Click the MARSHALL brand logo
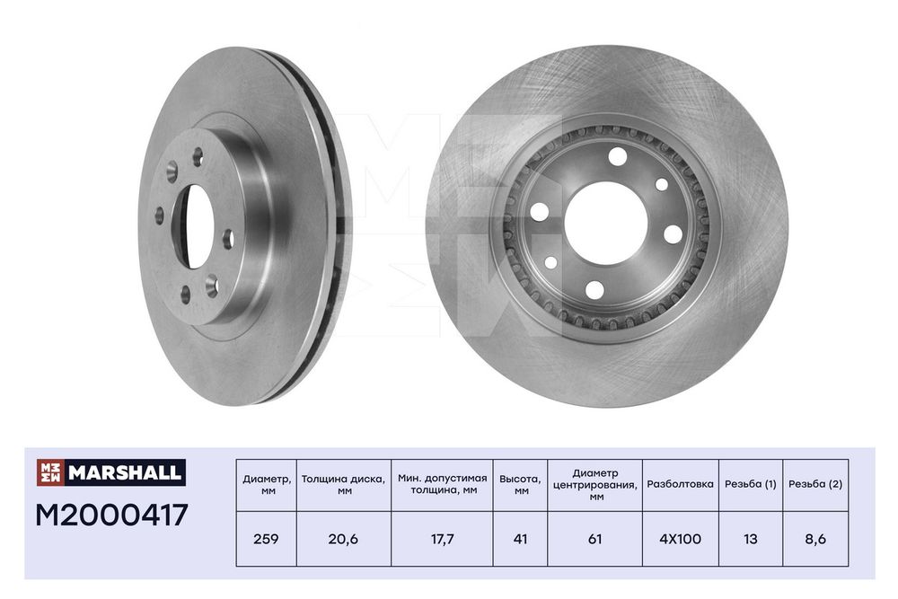(x=111, y=472)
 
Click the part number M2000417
(x=111, y=515)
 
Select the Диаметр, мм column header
(x=267, y=485)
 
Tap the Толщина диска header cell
(x=344, y=485)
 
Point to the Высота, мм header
(x=520, y=485)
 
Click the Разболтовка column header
(x=681, y=484)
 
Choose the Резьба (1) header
(x=750, y=484)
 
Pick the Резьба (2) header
(x=815, y=484)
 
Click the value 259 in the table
(x=267, y=539)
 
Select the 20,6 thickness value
(x=343, y=539)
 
